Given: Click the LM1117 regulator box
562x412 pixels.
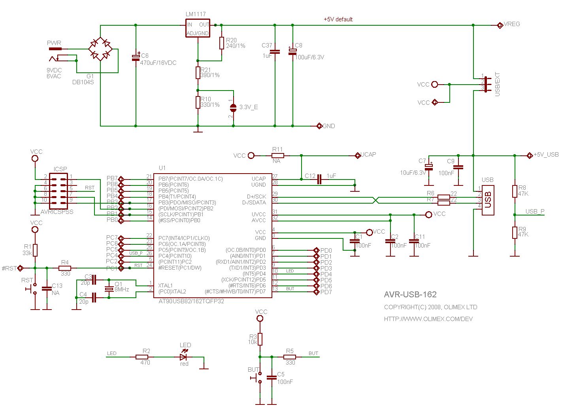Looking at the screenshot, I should (x=198, y=28).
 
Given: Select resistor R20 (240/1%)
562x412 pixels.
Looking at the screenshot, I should (x=222, y=43).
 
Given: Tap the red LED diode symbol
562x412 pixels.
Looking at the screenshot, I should (x=183, y=357).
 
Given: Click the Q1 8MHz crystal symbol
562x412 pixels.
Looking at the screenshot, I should (x=109, y=289).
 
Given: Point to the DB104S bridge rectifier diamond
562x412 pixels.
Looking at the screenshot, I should (x=100, y=49).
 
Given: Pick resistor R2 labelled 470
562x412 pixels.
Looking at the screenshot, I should (x=142, y=357).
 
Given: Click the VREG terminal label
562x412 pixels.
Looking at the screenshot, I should (x=512, y=25).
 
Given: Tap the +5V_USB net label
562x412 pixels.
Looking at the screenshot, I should (x=546, y=155).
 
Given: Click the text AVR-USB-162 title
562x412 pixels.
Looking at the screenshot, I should (x=410, y=295).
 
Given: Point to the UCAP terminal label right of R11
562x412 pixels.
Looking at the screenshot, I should (x=368, y=155).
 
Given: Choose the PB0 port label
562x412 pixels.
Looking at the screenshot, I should (x=112, y=220).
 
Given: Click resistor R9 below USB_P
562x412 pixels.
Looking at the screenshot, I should (x=515, y=232).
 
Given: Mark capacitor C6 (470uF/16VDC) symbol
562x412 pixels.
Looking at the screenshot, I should (x=136, y=57).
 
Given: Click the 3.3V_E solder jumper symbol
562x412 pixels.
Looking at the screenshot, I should (x=233, y=107).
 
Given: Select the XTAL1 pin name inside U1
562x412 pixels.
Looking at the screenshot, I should (x=166, y=285).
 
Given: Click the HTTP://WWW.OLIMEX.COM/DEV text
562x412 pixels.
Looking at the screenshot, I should (x=428, y=319).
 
